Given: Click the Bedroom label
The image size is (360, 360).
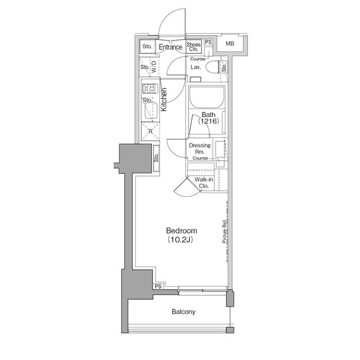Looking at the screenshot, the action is coord(181,231).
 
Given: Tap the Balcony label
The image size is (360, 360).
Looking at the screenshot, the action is coord(183,312).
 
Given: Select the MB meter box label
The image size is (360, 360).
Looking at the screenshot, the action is coord(229,43).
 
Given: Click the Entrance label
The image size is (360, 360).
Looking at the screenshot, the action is coord(170,47).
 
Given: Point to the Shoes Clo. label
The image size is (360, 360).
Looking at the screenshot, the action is coord(193,47).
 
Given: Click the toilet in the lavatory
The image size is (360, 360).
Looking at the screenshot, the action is coord(213,67).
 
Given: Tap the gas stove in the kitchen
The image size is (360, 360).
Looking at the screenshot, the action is coord(150,89).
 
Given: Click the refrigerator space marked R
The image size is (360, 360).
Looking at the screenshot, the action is coord(150,131).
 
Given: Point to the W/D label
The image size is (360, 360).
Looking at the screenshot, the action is coord(154,66).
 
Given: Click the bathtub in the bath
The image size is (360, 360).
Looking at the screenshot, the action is coord(206,97).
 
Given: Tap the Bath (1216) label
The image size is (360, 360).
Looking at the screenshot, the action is coord(209,118).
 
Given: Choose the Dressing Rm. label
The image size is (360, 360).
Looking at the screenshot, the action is coord(200,148).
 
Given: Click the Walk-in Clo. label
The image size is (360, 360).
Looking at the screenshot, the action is coord(204,182).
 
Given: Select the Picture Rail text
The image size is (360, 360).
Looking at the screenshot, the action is coord(224,231).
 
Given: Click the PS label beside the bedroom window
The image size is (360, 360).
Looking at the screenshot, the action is coord(158,286).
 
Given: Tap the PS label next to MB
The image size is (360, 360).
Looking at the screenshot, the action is coord(208,42).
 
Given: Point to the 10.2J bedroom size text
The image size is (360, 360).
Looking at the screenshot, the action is coord(180,240).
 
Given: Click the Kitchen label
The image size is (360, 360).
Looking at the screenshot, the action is coord(164,100).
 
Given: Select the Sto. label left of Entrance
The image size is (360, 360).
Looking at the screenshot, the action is coord(147,46).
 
